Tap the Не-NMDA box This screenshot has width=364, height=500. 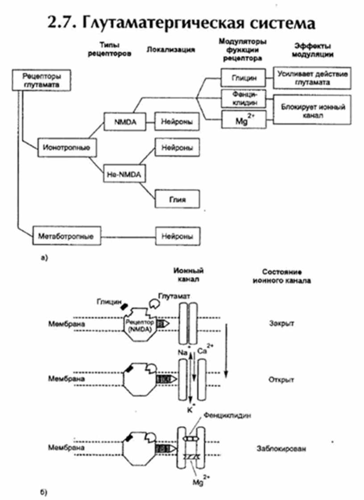click(124, 173)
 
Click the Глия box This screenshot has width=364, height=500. click(177, 200)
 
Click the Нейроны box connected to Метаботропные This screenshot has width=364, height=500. click(177, 236)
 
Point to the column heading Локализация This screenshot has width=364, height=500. click(171, 49)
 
